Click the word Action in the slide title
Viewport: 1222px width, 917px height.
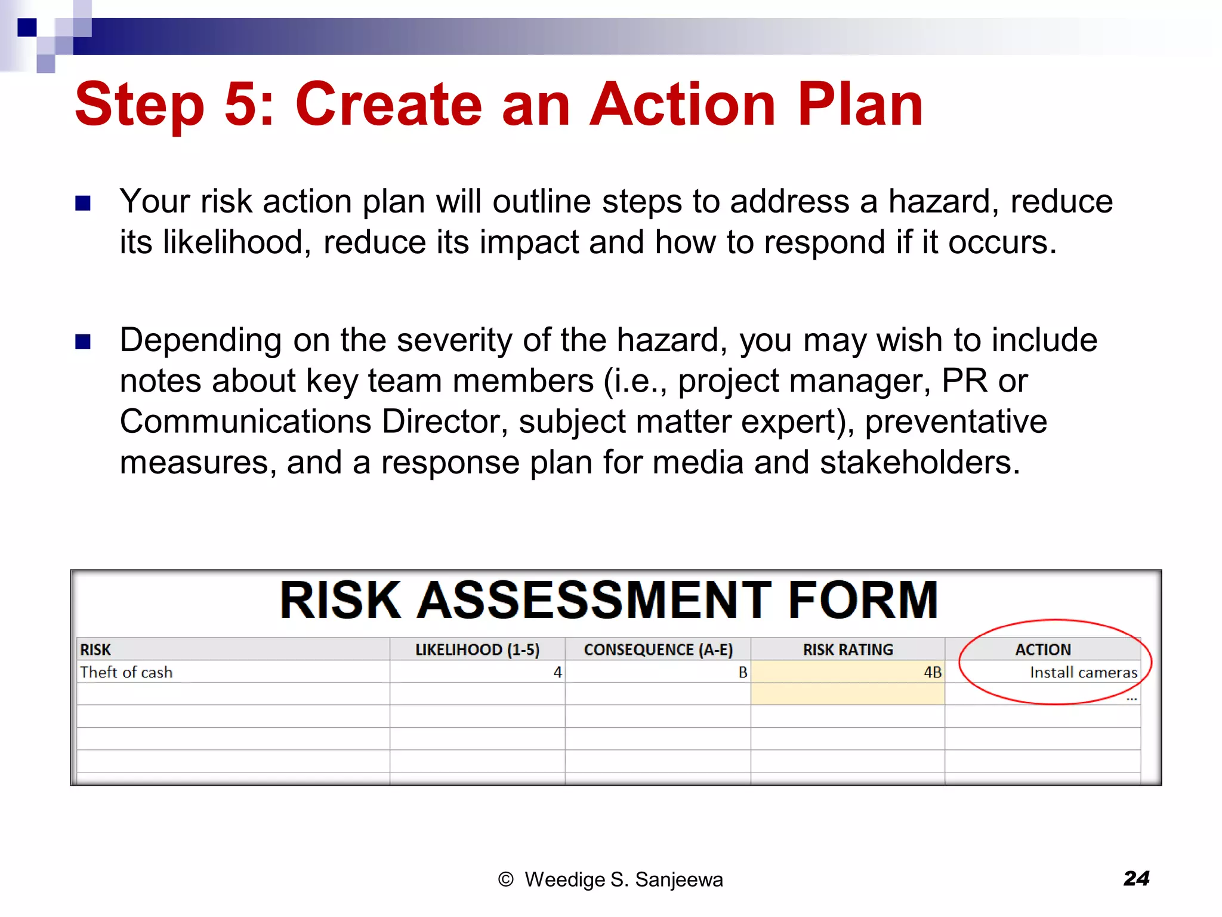coord(682,105)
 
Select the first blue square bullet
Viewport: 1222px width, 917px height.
coord(83,204)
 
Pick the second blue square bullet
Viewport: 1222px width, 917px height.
coord(83,342)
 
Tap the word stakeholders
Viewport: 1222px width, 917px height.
coord(919,463)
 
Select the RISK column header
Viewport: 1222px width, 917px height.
coord(95,650)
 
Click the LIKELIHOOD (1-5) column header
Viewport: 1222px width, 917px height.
coord(477,650)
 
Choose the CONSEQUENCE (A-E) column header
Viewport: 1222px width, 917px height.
coord(658,650)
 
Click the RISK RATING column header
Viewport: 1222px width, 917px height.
coord(848,650)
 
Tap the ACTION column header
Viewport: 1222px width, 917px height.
coord(1043,650)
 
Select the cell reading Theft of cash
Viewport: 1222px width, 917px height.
coord(126,672)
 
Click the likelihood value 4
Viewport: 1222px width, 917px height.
coord(557,672)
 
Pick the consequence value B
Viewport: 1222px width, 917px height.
coord(742,672)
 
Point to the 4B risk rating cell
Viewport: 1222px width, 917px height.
coord(932,672)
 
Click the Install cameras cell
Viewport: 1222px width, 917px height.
coord(1083,672)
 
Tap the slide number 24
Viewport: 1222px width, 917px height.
coord(1136,878)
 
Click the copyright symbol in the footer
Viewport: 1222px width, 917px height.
coord(505,879)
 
